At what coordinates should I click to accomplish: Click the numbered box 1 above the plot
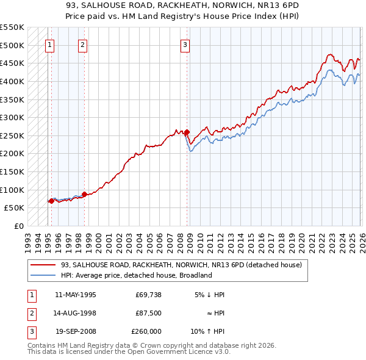click(x=49, y=44)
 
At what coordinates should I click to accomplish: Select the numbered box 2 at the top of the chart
click(x=82, y=44)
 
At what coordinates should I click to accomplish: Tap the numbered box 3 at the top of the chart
click(x=185, y=44)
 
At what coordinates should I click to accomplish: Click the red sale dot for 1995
click(x=51, y=201)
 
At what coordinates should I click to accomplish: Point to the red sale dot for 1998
click(x=84, y=194)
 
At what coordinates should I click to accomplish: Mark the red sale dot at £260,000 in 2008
click(x=187, y=132)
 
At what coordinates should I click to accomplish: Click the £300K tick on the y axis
click(x=12, y=117)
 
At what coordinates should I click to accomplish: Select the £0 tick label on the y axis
click(x=18, y=226)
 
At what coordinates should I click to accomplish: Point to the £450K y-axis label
click(x=12, y=63)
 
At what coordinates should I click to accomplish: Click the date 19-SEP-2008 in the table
click(x=75, y=331)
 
